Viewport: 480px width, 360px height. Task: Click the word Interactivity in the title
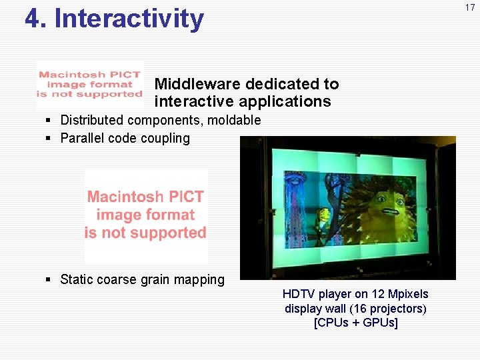pyautogui.click(x=129, y=19)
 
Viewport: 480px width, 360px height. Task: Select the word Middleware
pyautogui.click(x=197, y=84)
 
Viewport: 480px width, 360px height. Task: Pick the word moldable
pyautogui.click(x=236, y=121)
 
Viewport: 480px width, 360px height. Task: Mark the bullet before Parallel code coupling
pyautogui.click(x=49, y=139)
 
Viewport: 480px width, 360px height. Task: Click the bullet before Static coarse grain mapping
pyautogui.click(x=49, y=279)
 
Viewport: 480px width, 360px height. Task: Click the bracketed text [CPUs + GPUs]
pyautogui.click(x=355, y=323)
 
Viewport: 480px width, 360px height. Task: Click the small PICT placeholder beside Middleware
pyautogui.click(x=89, y=85)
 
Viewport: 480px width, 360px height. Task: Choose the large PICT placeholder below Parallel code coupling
pyautogui.click(x=145, y=215)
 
